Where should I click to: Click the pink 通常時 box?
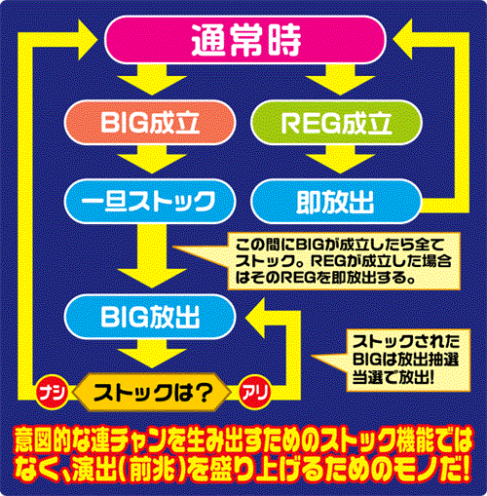[x=245, y=40]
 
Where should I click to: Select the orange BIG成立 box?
[x=150, y=123]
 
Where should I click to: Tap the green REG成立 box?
[x=336, y=123]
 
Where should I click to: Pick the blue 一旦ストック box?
[x=150, y=201]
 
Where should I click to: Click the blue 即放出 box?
[x=336, y=201]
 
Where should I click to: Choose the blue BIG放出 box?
[x=150, y=317]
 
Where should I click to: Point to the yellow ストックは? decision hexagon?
[x=152, y=393]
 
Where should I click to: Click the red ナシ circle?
[x=52, y=392]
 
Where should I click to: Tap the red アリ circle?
[x=255, y=392]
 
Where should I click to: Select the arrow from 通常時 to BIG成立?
[x=152, y=80]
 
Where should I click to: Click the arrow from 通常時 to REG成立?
[x=340, y=80]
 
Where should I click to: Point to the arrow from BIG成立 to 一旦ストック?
[x=152, y=159]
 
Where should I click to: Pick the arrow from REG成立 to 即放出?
[x=340, y=159]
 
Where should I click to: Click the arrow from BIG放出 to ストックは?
[x=152, y=354]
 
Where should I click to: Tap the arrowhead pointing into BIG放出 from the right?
[x=255, y=317]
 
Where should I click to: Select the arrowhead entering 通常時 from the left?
[x=89, y=40]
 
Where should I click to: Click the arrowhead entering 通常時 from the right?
[x=402, y=40]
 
